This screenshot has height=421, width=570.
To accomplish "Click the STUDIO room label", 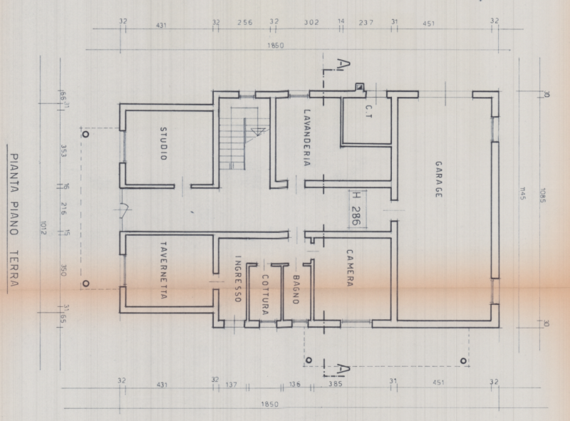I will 162,142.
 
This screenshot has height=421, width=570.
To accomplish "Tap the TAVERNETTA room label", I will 162,271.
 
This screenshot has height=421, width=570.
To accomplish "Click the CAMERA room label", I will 350,267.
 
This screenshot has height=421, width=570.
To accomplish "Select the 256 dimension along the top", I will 244,23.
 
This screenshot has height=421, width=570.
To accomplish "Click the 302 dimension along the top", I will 311,23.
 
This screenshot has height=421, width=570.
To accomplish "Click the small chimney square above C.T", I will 361,87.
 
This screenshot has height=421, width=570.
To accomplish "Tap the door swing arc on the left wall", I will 124,209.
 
